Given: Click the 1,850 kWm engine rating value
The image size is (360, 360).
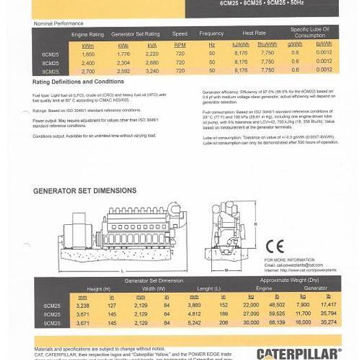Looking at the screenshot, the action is (88, 53).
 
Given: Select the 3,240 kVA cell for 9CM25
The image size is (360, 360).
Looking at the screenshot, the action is (152, 71).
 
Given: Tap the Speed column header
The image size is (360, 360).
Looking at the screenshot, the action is (180, 34).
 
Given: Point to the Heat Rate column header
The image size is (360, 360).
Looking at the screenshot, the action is (254, 33).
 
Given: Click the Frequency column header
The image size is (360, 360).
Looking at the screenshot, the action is (211, 34).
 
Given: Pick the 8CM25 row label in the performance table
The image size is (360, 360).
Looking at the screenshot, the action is (50, 62).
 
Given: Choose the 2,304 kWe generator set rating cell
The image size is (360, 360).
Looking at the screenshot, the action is (123, 62).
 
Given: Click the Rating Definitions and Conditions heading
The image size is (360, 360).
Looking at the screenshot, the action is (78, 82).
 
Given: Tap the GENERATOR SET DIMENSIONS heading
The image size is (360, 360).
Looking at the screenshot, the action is (84, 191).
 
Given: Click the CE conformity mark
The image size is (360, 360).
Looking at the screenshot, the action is (274, 246).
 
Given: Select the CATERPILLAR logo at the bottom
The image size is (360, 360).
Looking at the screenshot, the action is (298, 353).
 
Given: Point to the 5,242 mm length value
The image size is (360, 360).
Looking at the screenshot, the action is (194, 322).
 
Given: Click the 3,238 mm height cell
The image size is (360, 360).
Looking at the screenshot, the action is (82, 305).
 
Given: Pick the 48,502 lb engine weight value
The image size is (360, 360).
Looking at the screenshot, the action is (276, 305).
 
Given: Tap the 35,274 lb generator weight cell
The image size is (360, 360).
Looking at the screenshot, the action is (328, 322).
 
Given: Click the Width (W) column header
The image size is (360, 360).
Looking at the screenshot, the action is (153, 288).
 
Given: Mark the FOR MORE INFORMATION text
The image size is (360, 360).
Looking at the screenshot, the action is (290, 260).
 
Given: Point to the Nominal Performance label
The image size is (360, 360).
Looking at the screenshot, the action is (58, 23).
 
